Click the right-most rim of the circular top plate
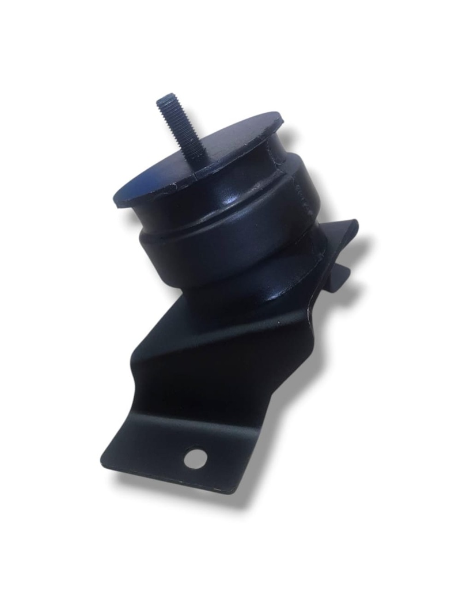pyautogui.click(x=283, y=120)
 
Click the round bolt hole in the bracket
pyautogui.click(x=196, y=458)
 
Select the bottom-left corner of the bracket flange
pyautogui.click(x=103, y=464)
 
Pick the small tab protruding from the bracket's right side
pyautogui.click(x=344, y=270)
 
